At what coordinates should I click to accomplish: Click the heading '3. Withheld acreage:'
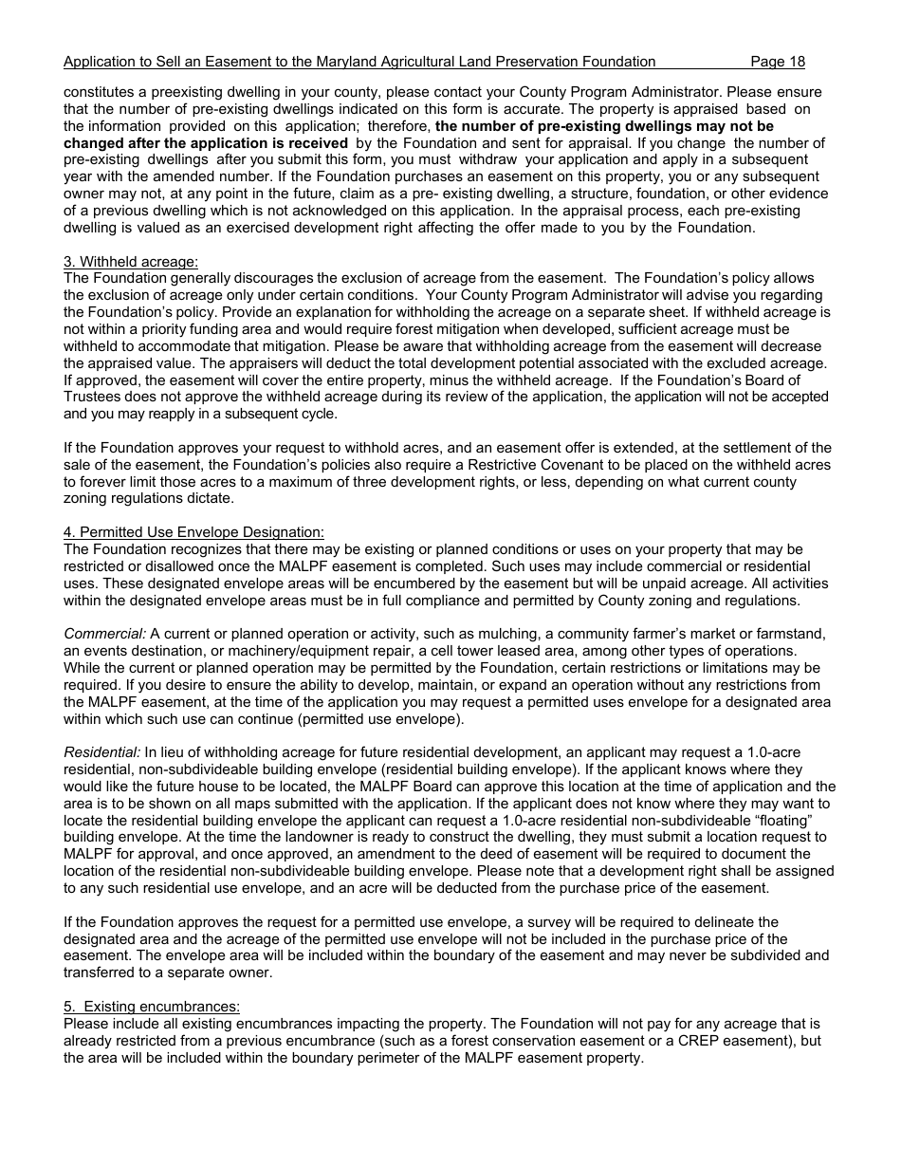[131, 262]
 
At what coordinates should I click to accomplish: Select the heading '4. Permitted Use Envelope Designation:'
[193, 533]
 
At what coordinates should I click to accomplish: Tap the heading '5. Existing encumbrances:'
[152, 1008]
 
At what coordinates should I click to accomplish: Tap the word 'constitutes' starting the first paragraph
[100, 92]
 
